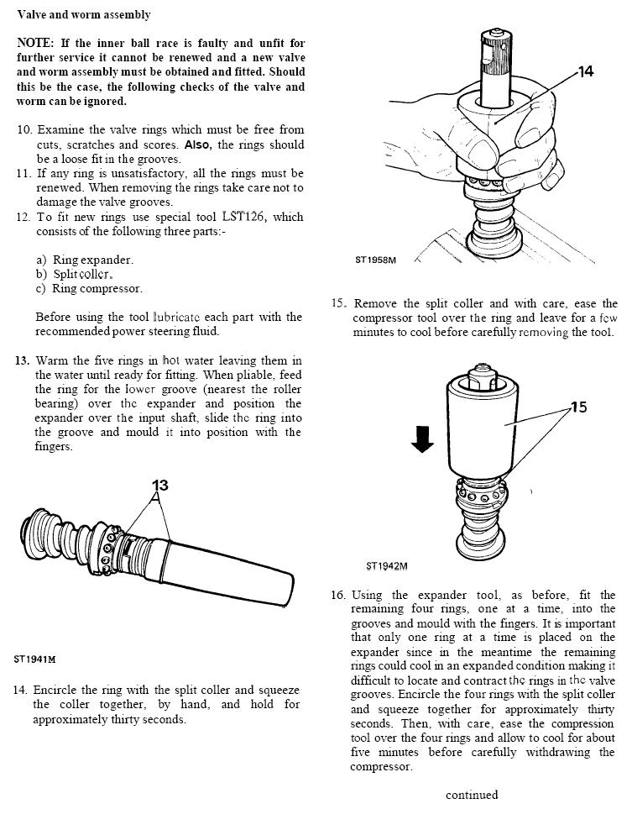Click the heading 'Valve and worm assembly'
click(84, 15)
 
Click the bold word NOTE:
click(35, 43)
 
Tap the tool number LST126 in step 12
click(243, 217)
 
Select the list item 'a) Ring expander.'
click(85, 260)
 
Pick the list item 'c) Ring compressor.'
click(89, 288)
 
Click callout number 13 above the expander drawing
click(160, 485)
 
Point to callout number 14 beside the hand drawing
click(586, 72)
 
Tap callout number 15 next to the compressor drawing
click(579, 407)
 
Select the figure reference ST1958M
click(375, 260)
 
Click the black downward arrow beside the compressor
click(423, 438)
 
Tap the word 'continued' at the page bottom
click(472, 795)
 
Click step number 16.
click(338, 595)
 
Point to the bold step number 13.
click(23, 360)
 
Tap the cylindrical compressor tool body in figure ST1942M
click(483, 428)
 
